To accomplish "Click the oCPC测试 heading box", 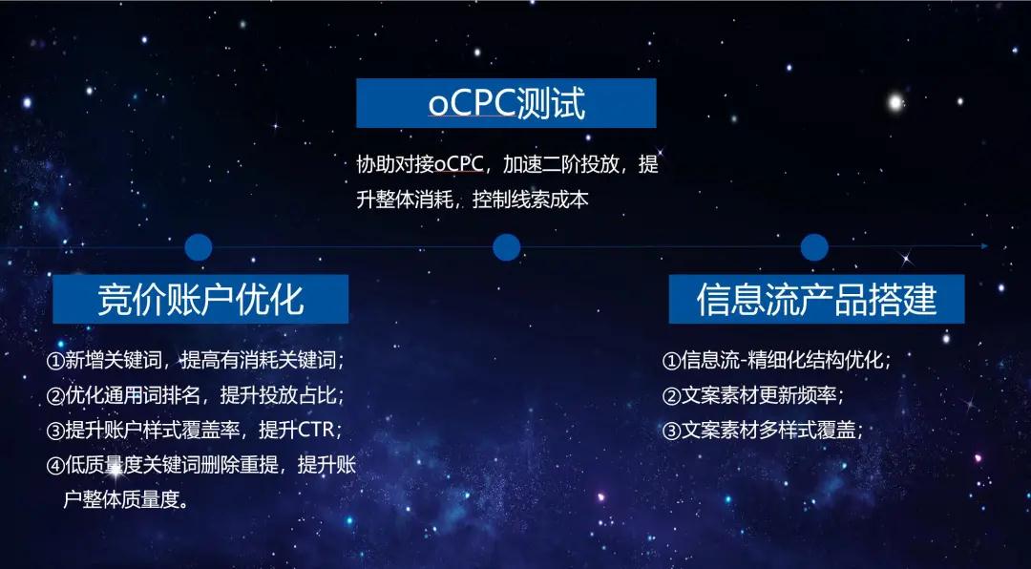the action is (506, 103).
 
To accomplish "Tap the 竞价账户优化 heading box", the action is (200, 299).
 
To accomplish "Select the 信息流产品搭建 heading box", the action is (816, 299).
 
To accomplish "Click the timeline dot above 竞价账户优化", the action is (199, 247).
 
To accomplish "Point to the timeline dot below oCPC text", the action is (506, 247).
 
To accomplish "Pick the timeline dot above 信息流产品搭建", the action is (814, 247).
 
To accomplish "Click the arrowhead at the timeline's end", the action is (985, 246).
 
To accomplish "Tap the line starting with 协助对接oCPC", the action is (507, 164).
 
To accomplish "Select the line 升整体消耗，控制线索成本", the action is (473, 200).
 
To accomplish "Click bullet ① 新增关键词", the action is (196, 361).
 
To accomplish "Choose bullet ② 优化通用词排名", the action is (196, 395).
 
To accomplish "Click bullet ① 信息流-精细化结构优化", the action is (776, 361).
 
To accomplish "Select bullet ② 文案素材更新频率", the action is (752, 395).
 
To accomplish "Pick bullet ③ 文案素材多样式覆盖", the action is (762, 431).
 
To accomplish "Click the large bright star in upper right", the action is (894, 102).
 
